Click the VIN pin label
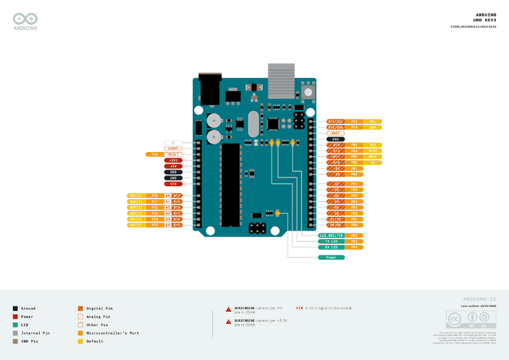(x=173, y=184)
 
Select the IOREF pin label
(x=173, y=148)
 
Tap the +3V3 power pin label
(x=173, y=160)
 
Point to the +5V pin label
(x=173, y=166)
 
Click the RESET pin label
(x=173, y=154)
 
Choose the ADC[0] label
(x=136, y=196)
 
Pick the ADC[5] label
(x=136, y=225)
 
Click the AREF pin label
(x=336, y=133)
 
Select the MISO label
(x=373, y=151)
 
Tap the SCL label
(x=373, y=121)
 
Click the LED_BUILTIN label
(x=332, y=236)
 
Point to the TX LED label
(x=332, y=241)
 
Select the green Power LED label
(x=332, y=257)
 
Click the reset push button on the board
(x=308, y=92)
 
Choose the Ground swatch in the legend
(x=15, y=308)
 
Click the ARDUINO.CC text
(x=479, y=299)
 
